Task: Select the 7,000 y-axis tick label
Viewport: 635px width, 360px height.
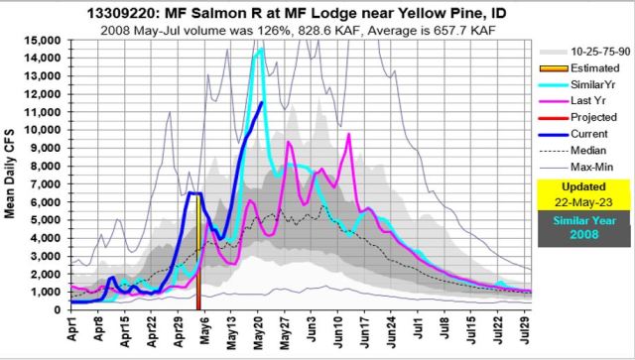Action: pos(48,184)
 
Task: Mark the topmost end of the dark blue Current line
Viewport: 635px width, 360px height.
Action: pos(262,102)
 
